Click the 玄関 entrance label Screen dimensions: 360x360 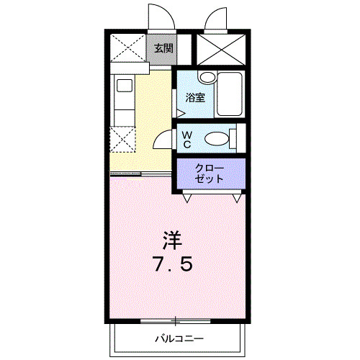click(x=163, y=48)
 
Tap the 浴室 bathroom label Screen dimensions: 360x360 click(x=195, y=97)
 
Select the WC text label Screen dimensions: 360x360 click(x=187, y=140)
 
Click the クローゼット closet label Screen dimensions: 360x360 click(x=210, y=174)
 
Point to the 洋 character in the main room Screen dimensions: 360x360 click(x=173, y=240)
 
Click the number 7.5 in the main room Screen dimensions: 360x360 click(x=173, y=264)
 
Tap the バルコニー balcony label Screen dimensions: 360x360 click(x=179, y=338)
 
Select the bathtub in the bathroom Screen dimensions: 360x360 click(x=230, y=94)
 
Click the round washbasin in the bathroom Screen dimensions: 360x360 click(x=208, y=77)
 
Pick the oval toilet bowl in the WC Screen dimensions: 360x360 click(x=217, y=138)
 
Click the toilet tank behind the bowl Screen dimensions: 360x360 click(x=233, y=139)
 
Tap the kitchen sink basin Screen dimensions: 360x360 click(x=125, y=86)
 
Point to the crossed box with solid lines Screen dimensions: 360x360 click(x=221, y=50)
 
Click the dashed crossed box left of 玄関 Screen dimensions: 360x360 click(x=128, y=48)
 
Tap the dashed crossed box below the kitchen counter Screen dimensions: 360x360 click(x=122, y=139)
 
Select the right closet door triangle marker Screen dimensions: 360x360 click(x=237, y=198)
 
